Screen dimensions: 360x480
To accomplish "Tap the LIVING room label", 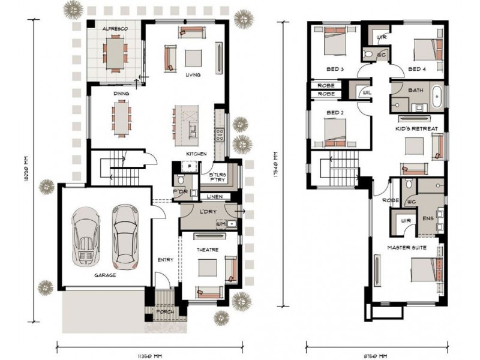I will click(193, 75).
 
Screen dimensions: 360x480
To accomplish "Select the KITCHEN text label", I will click(196, 154).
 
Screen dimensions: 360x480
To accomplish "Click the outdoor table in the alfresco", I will click(113, 52).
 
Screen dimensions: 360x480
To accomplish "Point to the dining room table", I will click(121, 118).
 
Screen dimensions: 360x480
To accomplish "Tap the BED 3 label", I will click(334, 69).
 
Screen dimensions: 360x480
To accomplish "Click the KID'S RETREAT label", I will click(416, 129).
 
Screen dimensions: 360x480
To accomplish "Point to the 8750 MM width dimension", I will click(377, 355).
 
